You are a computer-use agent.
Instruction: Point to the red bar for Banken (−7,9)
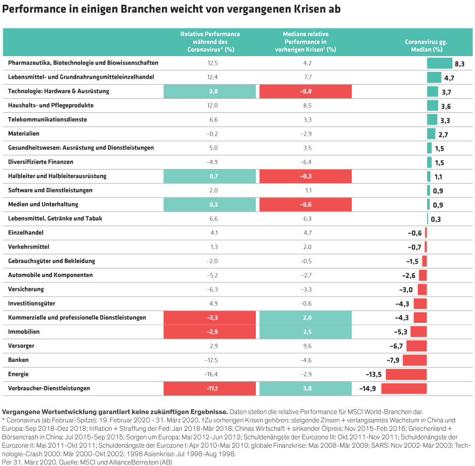(415, 360)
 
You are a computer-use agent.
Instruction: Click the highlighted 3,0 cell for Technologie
(209, 91)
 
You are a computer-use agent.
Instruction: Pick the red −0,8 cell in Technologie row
(306, 91)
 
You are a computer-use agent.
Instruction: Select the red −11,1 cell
(209, 388)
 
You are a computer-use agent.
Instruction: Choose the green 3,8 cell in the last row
(306, 388)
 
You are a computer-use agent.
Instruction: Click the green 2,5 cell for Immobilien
(306, 332)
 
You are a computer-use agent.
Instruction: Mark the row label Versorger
(19, 346)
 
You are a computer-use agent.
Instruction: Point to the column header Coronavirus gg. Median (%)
(426, 45)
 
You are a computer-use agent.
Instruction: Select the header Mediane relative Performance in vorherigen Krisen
(306, 42)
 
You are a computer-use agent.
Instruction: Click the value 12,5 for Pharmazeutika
(212, 63)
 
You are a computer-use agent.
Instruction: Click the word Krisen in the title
(320, 10)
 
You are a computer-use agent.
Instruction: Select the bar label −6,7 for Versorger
(397, 346)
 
